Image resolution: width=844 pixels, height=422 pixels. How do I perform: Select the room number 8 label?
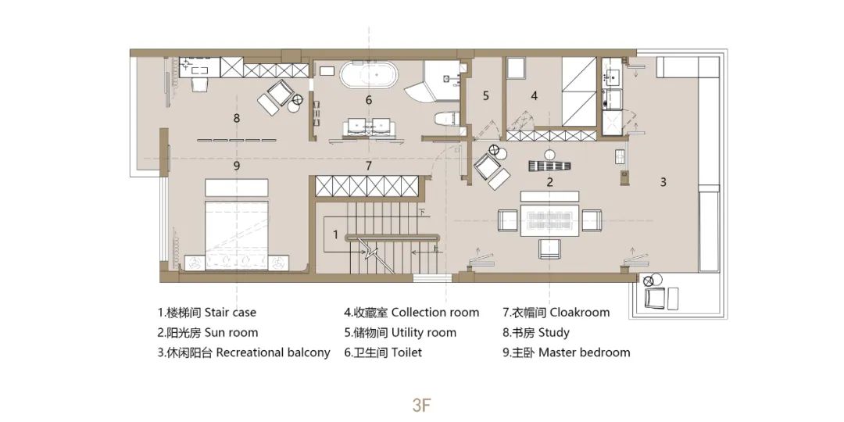click(236, 118)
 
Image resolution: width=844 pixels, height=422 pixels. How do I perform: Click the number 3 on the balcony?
click(663, 182)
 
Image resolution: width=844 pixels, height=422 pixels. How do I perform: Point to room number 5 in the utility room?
click(485, 96)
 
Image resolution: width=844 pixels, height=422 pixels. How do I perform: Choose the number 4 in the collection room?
click(535, 96)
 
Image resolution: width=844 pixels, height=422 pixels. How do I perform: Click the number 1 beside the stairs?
click(335, 234)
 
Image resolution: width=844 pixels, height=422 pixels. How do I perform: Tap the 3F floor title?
click(422, 406)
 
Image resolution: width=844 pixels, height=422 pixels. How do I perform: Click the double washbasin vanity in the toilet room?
click(369, 127)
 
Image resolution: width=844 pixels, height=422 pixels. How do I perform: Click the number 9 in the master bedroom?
click(236, 166)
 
